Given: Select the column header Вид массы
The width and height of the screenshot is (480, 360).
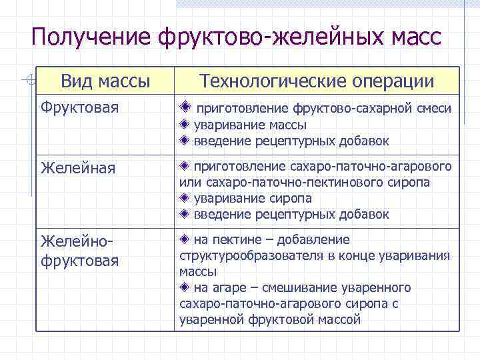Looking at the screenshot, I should [105, 81].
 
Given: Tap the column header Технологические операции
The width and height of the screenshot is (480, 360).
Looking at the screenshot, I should [317, 81].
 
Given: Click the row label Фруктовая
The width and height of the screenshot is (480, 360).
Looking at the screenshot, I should [74, 108].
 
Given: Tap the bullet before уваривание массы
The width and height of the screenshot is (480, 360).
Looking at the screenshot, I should [185, 125].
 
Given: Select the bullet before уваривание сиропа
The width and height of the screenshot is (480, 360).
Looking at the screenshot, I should [185, 199].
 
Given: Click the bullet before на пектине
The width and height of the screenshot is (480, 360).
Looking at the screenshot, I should [185, 239].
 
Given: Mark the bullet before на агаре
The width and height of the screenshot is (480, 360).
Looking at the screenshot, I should [185, 288].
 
